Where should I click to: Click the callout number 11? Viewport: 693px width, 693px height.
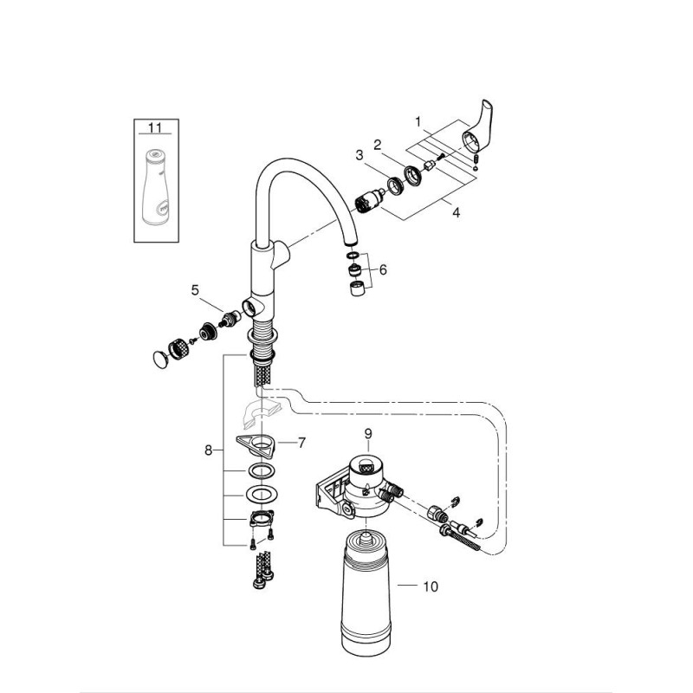click(155, 128)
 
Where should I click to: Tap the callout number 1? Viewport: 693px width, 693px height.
click(418, 121)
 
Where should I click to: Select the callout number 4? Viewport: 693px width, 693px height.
click(456, 212)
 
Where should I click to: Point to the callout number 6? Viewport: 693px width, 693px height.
click(383, 269)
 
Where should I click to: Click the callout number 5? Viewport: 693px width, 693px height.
click(195, 290)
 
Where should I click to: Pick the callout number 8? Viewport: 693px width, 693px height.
click(208, 450)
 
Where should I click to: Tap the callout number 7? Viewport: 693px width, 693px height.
click(301, 443)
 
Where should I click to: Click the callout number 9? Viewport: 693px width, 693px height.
click(368, 434)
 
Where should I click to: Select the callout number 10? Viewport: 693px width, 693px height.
click(431, 586)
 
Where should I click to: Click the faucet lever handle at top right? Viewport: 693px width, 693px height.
click(477, 133)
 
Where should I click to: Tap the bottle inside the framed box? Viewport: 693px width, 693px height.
click(156, 185)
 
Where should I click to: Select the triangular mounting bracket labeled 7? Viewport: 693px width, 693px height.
click(256, 444)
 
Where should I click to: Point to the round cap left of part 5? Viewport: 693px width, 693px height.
click(160, 359)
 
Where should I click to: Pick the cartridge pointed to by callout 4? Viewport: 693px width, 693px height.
click(369, 201)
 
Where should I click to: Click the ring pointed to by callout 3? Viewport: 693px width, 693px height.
click(395, 185)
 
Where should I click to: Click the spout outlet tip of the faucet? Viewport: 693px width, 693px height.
click(350, 243)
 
